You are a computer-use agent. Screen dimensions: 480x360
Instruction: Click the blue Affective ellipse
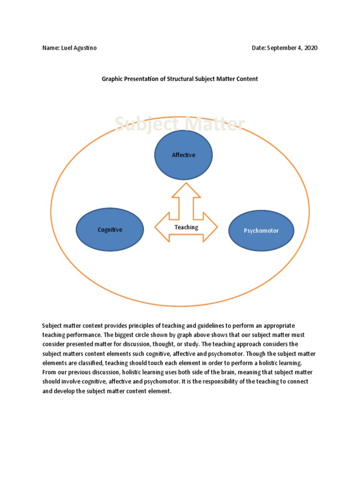pos(184,155)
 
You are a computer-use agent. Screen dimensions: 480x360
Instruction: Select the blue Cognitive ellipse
pos(110,230)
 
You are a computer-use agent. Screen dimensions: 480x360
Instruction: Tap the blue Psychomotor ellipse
pos(261,231)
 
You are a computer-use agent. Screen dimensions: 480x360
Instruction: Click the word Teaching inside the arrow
pos(186,227)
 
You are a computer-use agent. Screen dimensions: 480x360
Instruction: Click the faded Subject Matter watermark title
pos(180,125)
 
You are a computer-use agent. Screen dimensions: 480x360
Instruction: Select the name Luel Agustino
pos(79,48)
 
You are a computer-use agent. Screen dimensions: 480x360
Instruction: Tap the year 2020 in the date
pos(310,48)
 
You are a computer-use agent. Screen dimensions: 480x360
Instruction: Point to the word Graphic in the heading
pos(112,79)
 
